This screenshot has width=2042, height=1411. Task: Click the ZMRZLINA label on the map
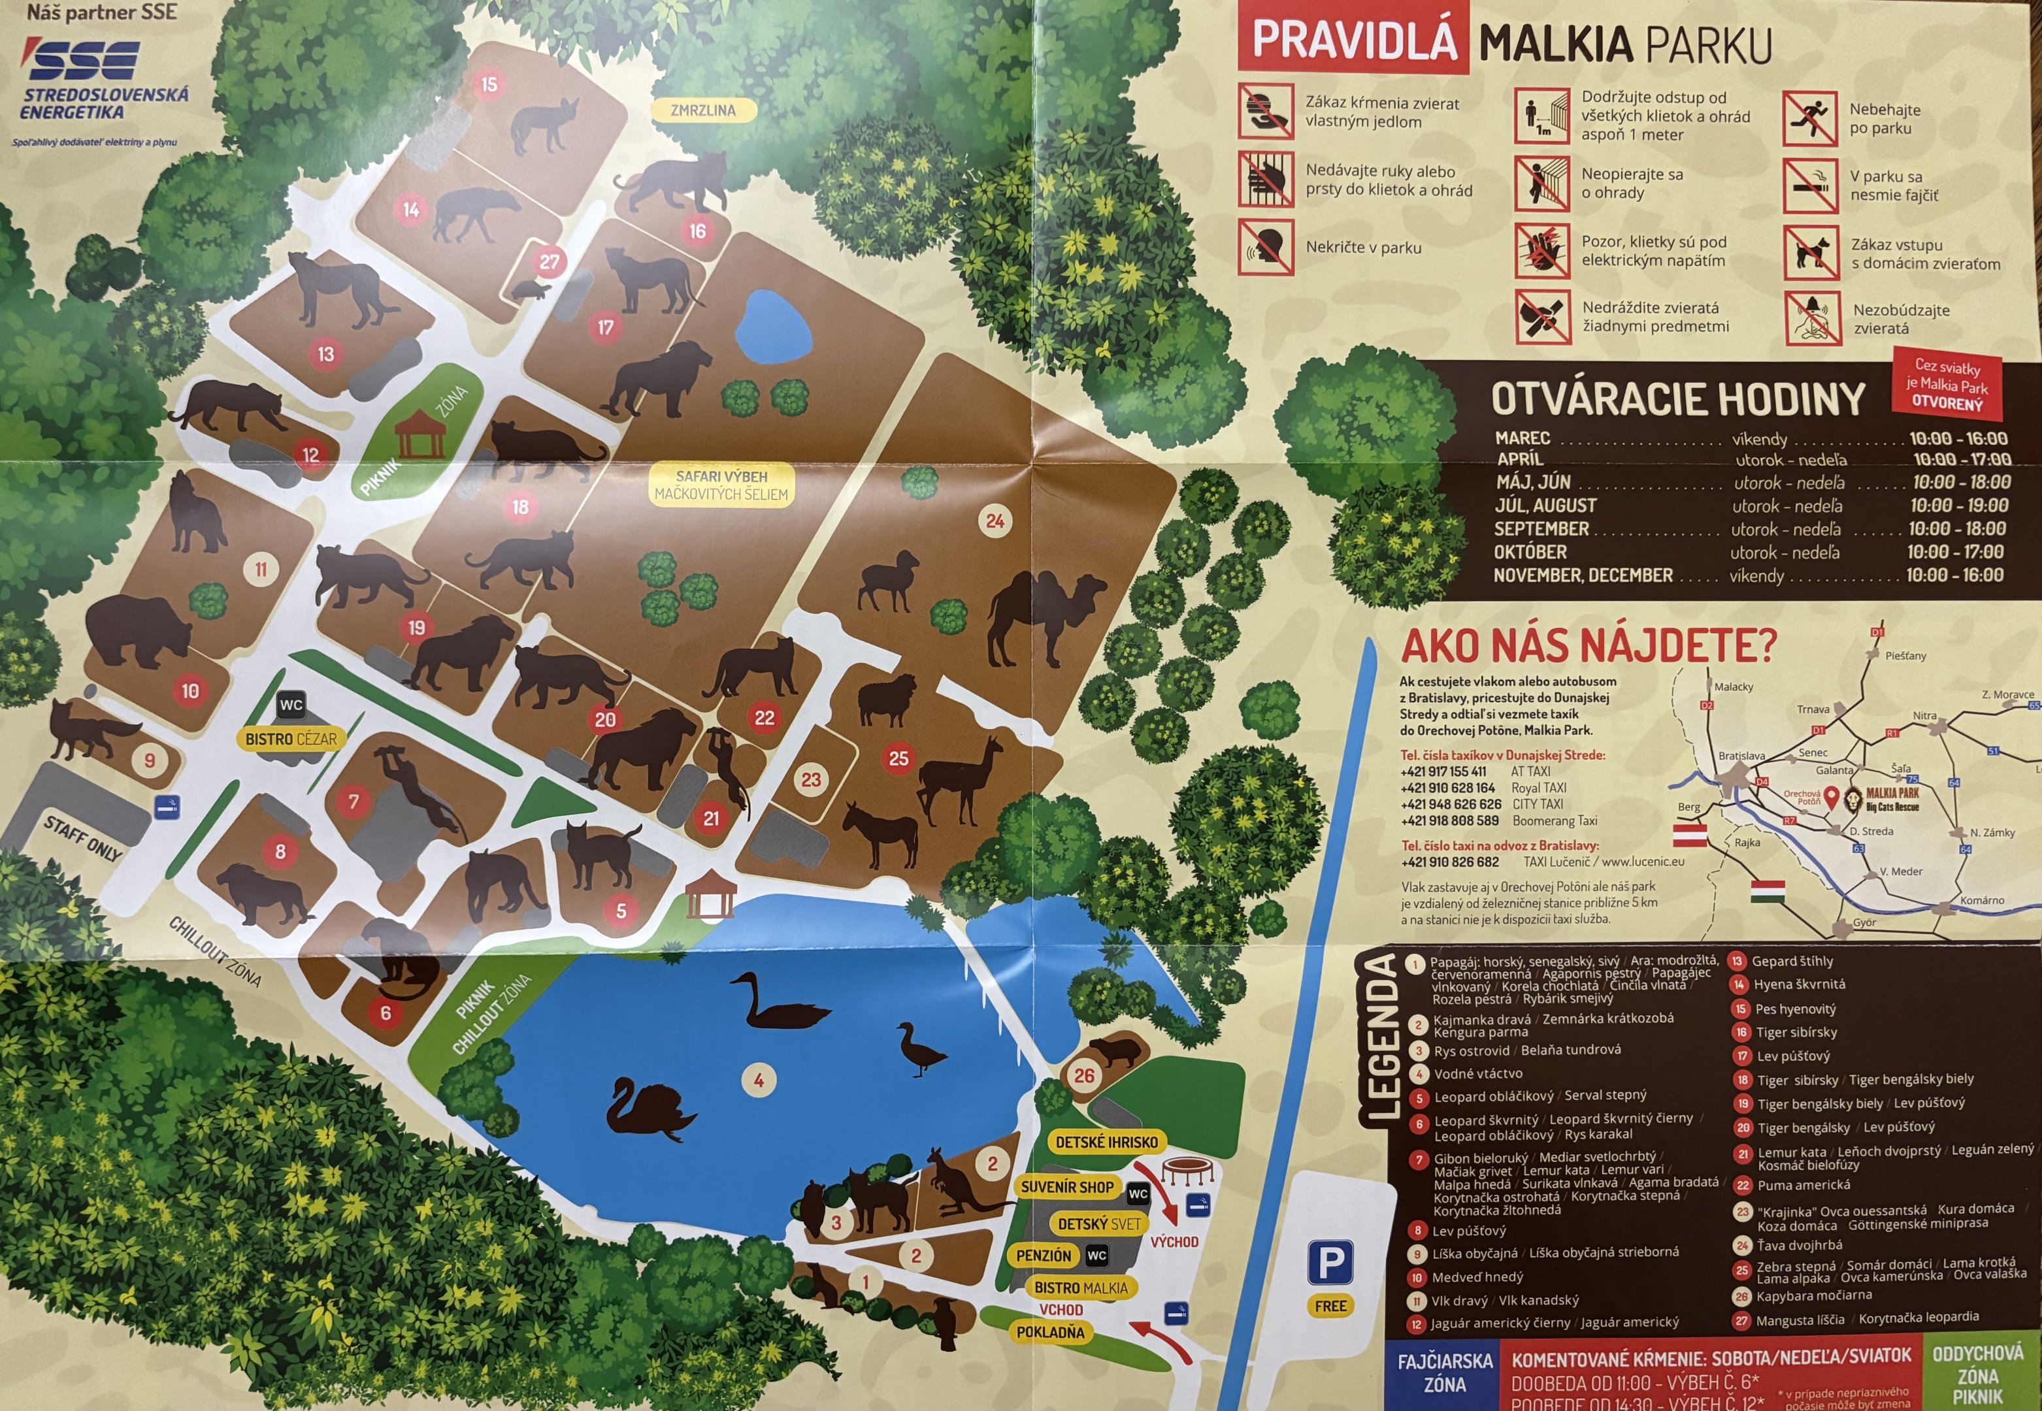coord(703,110)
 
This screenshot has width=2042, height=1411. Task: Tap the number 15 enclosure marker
coord(489,85)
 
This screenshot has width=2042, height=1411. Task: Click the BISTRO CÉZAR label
coord(291,739)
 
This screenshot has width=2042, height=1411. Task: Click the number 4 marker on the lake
coord(758,1079)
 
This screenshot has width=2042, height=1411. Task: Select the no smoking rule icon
coord(1809,186)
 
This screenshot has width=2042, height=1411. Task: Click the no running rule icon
coord(1809,118)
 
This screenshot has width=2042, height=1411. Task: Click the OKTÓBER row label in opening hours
coord(1529,552)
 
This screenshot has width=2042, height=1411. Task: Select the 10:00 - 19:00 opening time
coord(1958,506)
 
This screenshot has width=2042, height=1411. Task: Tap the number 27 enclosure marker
coord(549,262)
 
